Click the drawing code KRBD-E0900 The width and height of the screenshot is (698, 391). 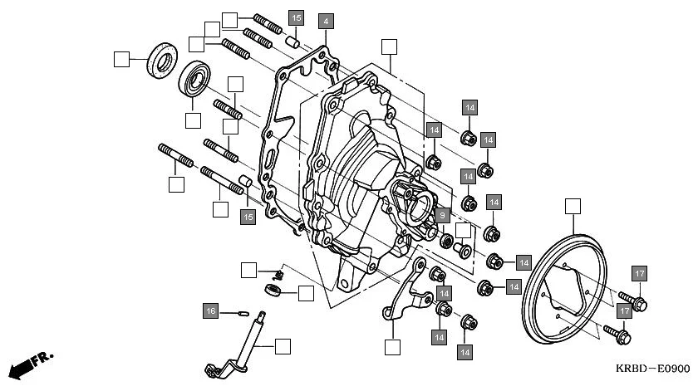[x=651, y=369]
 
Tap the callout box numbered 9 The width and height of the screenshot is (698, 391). [x=442, y=215]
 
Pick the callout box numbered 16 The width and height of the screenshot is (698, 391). [x=211, y=310]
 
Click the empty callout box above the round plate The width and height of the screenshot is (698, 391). [x=573, y=206]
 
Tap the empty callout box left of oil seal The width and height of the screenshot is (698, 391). [x=122, y=59]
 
